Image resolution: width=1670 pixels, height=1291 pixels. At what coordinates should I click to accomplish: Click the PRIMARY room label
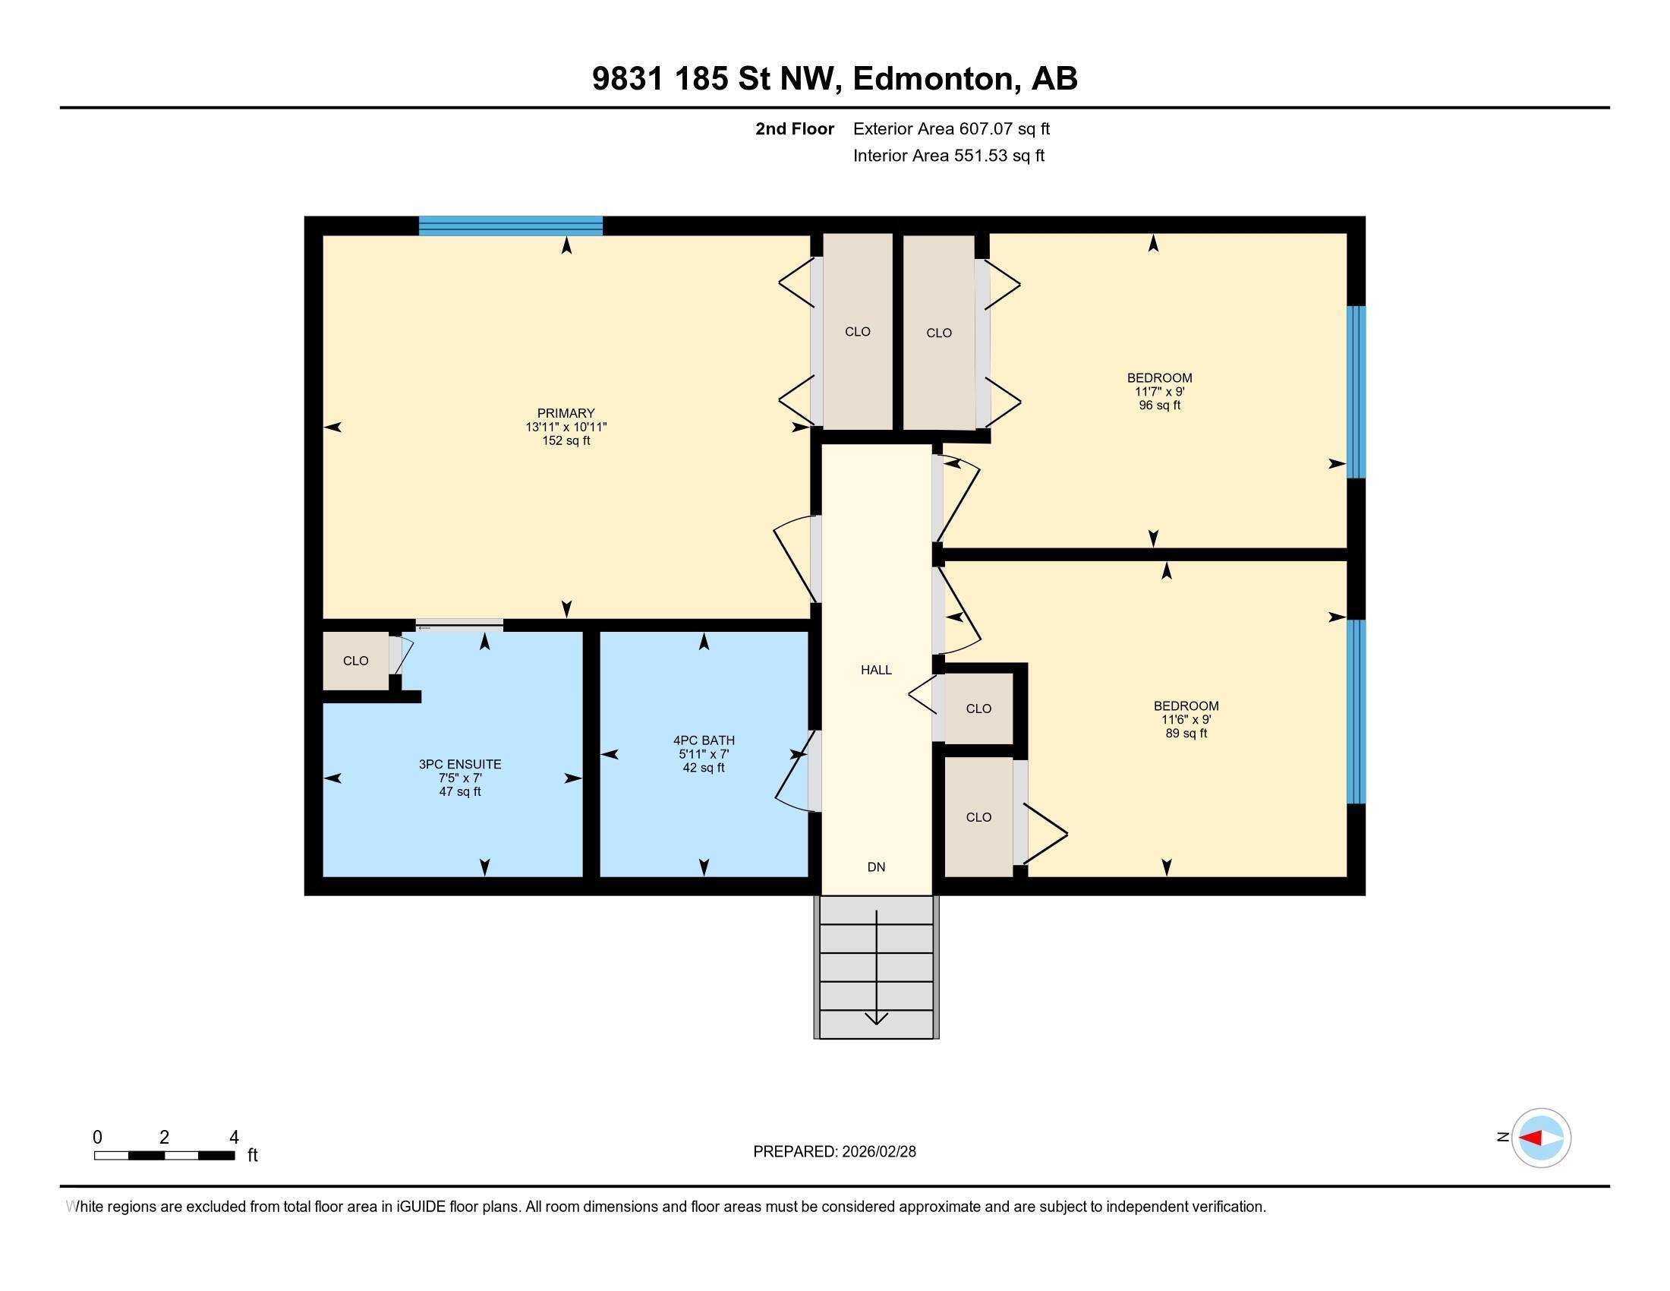[565, 413]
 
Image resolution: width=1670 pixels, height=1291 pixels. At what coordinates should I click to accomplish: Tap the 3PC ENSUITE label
[459, 764]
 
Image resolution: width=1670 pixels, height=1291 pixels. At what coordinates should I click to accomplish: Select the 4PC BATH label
[704, 740]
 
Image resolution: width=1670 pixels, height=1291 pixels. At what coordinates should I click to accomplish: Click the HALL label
[875, 670]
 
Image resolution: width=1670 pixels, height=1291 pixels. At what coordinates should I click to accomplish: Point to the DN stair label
[875, 866]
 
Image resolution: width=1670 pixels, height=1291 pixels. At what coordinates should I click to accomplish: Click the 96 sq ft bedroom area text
[1159, 406]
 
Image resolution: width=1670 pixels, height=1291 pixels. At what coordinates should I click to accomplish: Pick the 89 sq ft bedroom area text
[1185, 734]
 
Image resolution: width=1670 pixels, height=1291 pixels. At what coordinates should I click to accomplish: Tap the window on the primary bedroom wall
[510, 226]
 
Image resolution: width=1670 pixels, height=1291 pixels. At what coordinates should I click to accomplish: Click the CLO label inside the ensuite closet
[355, 661]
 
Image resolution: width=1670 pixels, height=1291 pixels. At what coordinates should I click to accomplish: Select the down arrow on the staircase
[875, 1017]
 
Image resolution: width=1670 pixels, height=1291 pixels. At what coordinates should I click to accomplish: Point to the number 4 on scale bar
[234, 1138]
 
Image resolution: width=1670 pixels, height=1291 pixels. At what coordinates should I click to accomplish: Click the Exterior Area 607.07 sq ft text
[951, 128]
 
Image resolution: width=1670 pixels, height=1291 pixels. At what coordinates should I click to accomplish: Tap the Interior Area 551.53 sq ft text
[948, 156]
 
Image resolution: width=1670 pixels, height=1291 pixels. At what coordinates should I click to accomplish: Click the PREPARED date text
[834, 1152]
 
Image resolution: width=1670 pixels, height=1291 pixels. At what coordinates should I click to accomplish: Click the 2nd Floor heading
[794, 128]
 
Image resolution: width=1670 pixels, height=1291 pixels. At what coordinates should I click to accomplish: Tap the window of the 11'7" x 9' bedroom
[1355, 392]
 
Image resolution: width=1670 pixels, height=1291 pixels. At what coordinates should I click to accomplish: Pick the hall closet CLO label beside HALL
[978, 709]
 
